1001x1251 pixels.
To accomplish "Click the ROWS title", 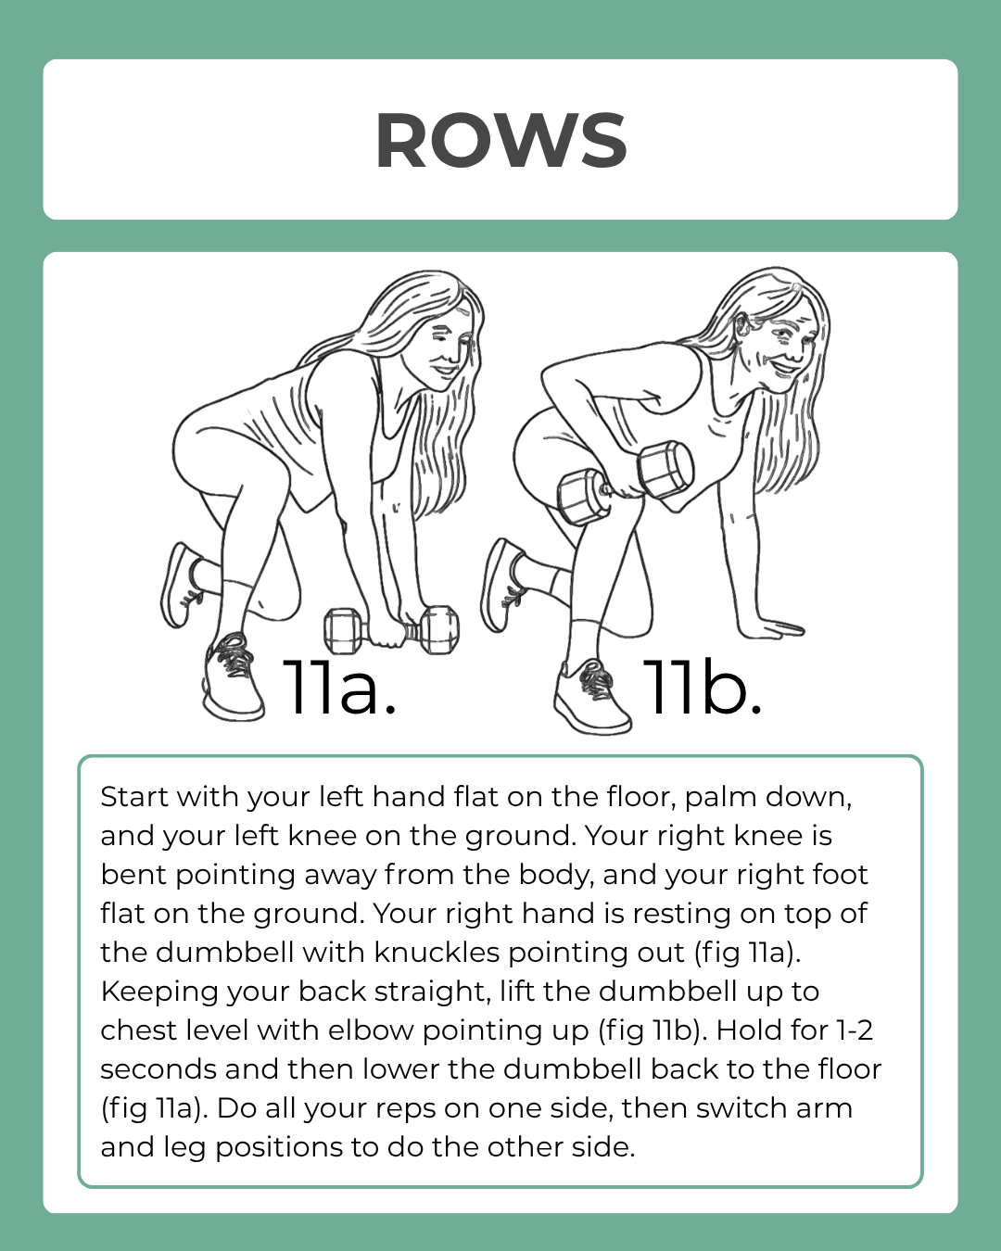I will click(x=500, y=141).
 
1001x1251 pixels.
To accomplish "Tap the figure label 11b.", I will click(x=702, y=688).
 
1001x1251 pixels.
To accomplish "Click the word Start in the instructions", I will click(x=134, y=797).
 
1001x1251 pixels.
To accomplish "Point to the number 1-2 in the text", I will click(x=854, y=1030).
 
